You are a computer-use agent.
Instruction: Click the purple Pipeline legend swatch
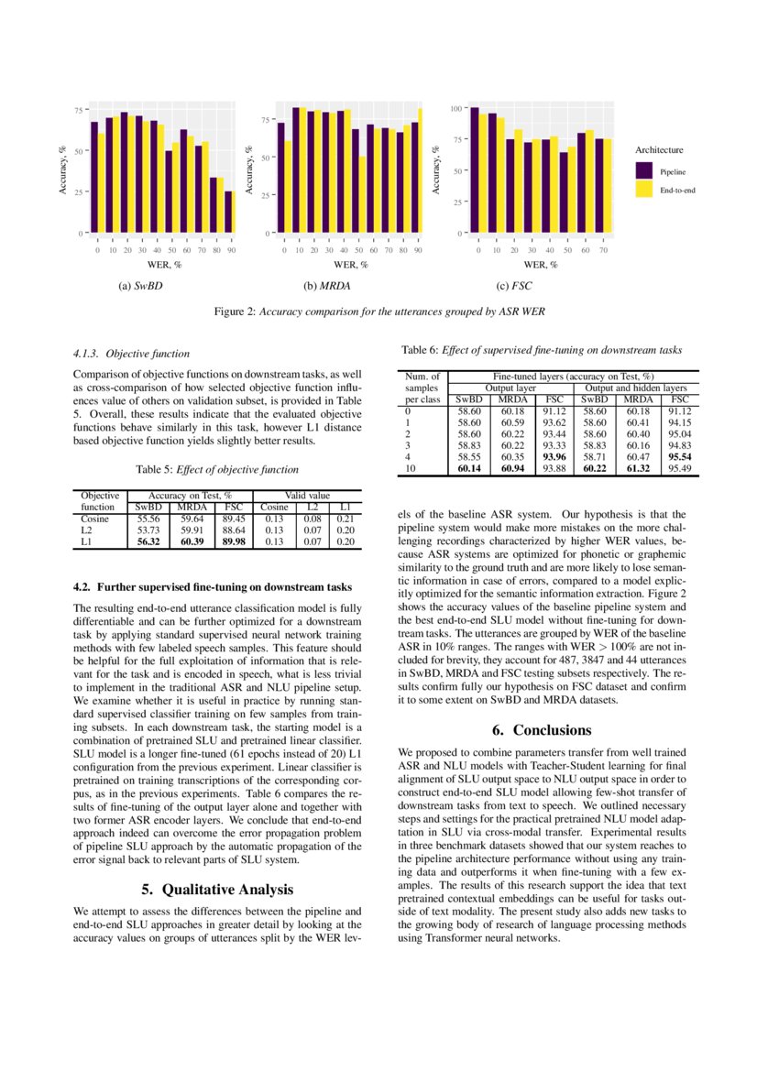tap(644, 170)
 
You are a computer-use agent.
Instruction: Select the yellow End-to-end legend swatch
tap(644, 190)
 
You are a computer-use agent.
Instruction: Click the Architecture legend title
tap(659, 149)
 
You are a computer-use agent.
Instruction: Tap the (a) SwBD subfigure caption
tap(140, 286)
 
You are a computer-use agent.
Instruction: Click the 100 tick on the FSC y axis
tap(455, 109)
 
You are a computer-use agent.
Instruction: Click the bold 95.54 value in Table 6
tap(678, 455)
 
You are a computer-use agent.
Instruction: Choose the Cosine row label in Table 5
tap(94, 518)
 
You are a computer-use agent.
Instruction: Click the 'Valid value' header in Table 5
tap(306, 495)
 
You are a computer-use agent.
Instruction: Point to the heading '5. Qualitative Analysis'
tap(217, 889)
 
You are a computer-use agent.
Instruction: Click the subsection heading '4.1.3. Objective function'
tap(131, 353)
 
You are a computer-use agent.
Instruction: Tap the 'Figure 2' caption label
tap(235, 311)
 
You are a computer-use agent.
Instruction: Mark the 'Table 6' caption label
tap(421, 349)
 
